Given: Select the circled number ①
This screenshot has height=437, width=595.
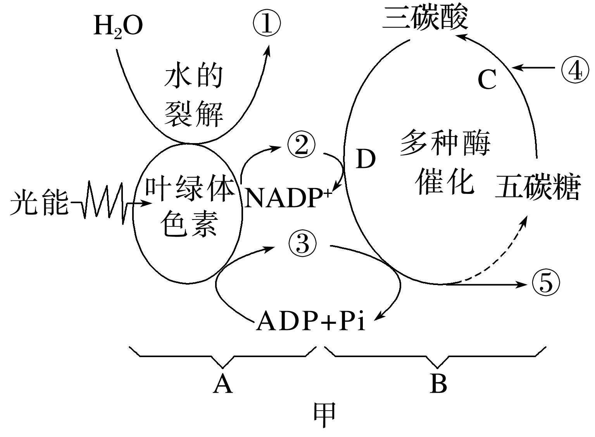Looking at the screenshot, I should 266,23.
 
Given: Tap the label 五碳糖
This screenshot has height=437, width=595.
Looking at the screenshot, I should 538,187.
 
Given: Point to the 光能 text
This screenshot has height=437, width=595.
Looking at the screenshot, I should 39,202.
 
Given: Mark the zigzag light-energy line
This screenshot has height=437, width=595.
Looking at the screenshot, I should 105,202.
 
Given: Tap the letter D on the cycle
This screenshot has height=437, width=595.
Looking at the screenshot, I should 366,159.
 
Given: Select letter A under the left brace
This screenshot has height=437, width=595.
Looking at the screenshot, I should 223,384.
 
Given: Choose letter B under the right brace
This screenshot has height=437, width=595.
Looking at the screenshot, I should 438,384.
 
